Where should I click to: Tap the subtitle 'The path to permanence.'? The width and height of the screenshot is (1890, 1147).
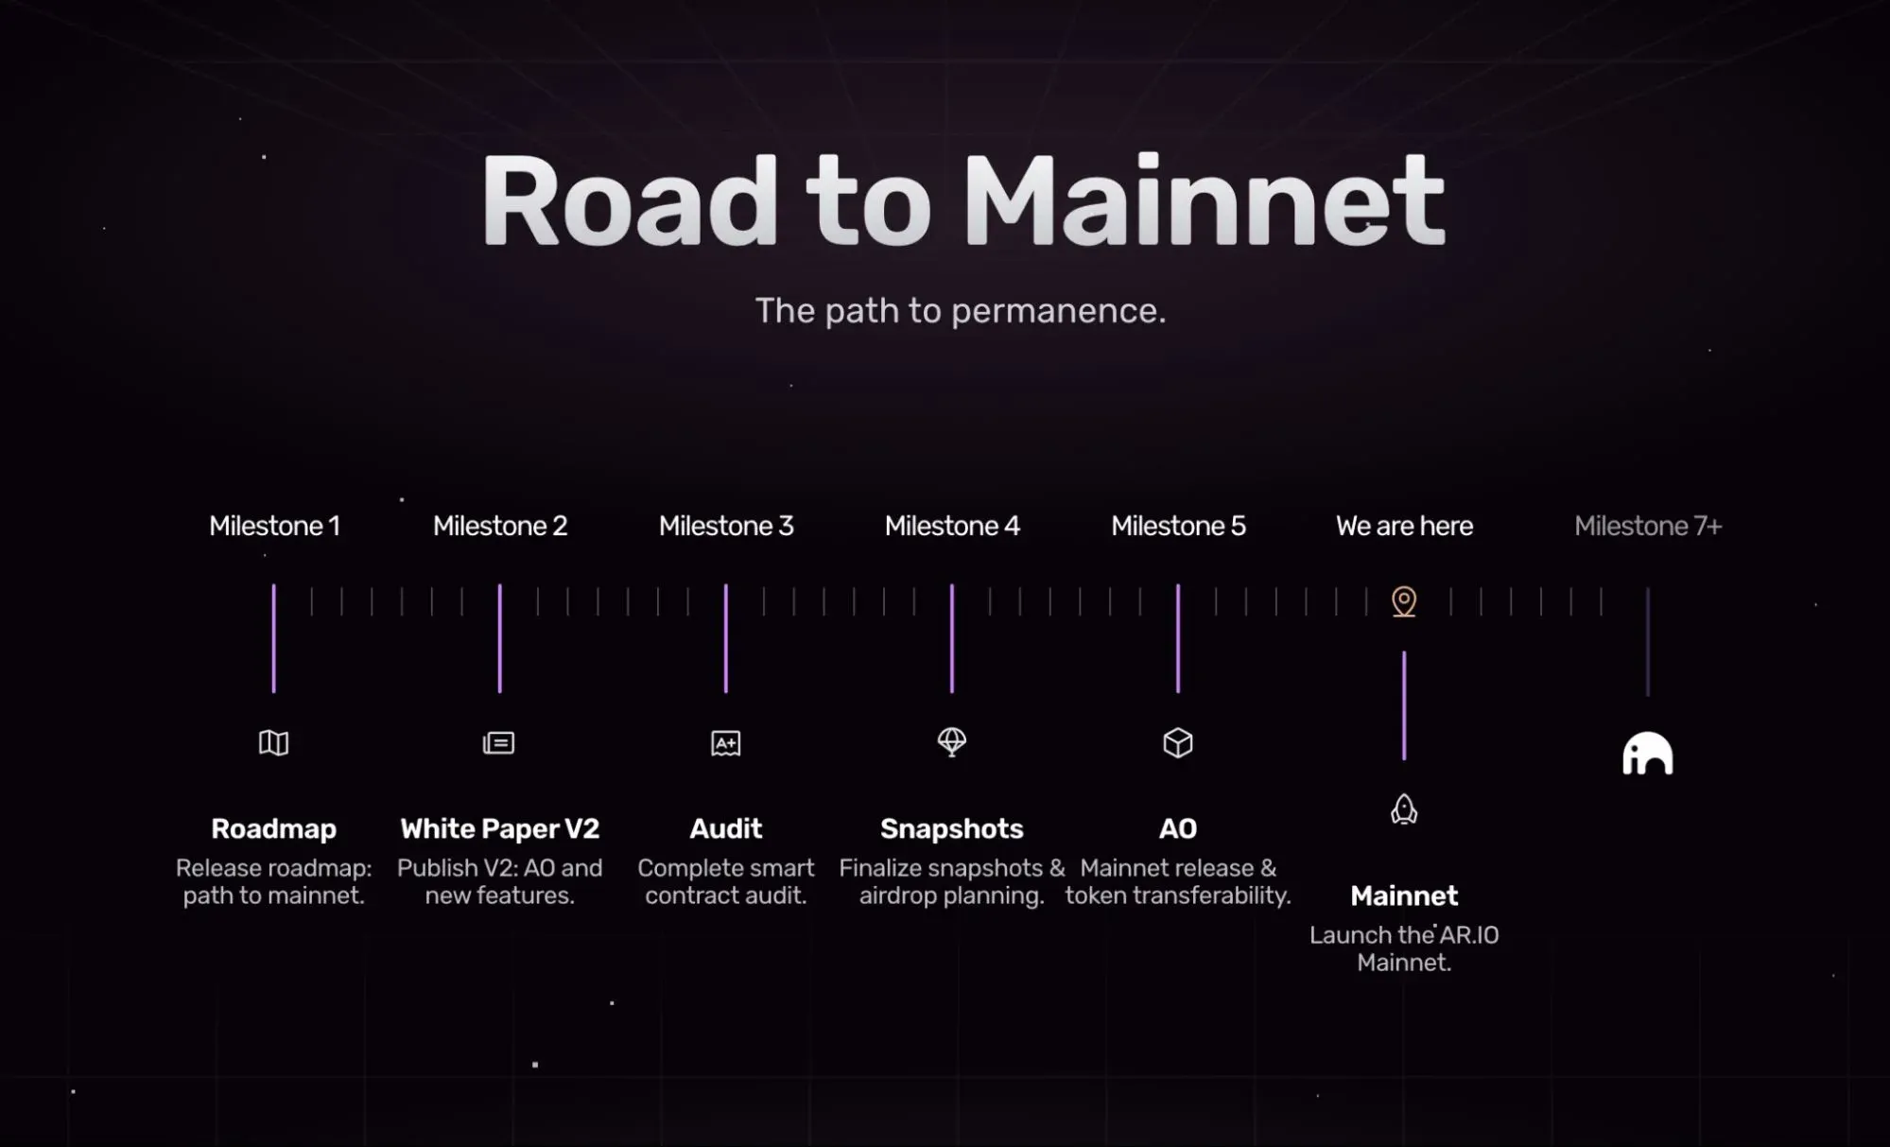[960, 310]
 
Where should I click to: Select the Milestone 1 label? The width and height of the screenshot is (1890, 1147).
[274, 526]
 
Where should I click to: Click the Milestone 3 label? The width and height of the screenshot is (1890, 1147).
[726, 526]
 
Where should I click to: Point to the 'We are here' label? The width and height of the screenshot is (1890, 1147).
[1404, 526]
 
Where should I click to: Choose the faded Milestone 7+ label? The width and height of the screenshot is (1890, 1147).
[1648, 526]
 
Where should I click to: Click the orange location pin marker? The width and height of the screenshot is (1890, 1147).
[1404, 601]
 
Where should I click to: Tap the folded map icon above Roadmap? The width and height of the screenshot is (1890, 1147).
[274, 743]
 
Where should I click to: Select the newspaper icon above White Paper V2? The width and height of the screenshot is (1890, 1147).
[499, 743]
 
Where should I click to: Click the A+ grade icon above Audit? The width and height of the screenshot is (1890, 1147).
[726, 743]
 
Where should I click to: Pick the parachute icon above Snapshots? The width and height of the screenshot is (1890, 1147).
[952, 741]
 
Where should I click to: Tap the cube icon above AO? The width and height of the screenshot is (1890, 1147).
[1178, 743]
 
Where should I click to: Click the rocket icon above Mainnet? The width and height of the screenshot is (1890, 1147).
[1404, 809]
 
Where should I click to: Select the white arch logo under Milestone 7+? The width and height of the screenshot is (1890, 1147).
[1648, 754]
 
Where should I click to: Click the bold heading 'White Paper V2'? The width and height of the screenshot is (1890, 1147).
[499, 829]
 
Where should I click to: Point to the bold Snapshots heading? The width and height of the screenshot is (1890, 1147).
[952, 829]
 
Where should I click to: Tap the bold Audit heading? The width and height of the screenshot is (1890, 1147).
[726, 829]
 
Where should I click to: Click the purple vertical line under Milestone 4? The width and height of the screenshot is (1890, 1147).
[952, 638]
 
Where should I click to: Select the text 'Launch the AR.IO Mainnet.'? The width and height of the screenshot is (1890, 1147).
[1404, 948]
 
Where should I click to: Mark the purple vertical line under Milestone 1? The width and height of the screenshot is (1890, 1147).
[274, 638]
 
